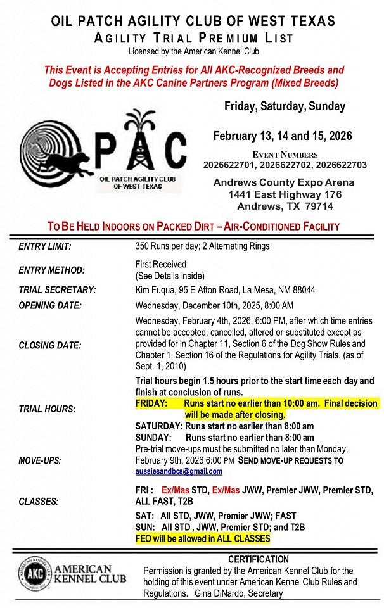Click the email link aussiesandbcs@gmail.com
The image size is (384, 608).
tap(179, 472)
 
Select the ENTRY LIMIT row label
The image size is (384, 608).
tap(45, 246)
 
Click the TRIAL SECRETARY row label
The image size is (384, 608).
tap(58, 290)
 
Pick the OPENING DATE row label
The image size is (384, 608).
tap(51, 305)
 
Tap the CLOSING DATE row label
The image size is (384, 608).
tap(50, 345)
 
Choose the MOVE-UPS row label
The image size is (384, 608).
tap(40, 461)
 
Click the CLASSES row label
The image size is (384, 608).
tap(39, 502)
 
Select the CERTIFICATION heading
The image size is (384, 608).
tap(259, 559)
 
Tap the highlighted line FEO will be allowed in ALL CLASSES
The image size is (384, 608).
tap(203, 539)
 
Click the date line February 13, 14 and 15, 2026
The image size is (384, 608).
tap(283, 136)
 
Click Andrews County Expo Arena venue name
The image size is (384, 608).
tap(283, 183)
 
